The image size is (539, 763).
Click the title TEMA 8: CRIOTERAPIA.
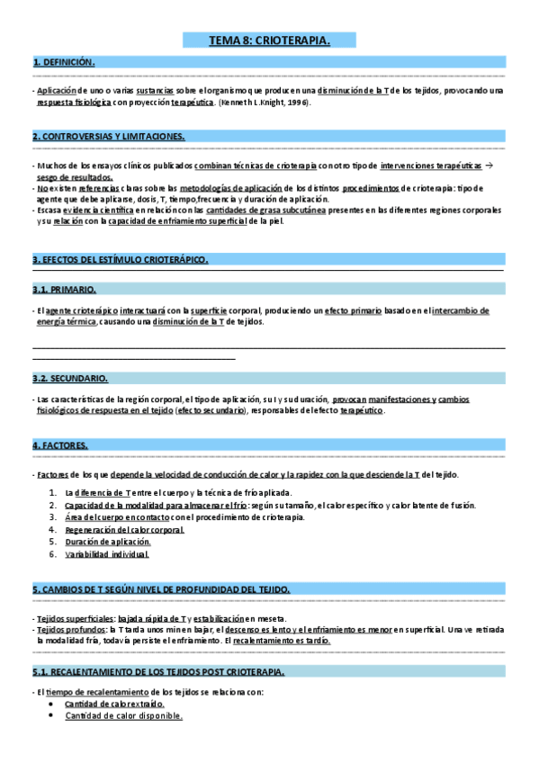coord(269,40)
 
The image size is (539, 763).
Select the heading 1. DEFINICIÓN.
coord(64,62)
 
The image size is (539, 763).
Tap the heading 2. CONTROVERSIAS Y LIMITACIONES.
coord(109,136)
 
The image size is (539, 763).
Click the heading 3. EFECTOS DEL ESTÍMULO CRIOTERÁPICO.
coord(121,259)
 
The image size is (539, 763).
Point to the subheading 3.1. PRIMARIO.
coord(64,290)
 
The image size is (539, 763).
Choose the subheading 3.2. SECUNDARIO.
coord(70,378)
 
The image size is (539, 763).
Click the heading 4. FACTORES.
coord(60,444)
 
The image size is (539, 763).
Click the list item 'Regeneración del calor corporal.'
coord(124,530)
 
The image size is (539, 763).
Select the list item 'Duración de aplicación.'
coord(107,542)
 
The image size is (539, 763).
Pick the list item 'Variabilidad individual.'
coord(106,554)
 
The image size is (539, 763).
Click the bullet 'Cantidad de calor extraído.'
coord(114,703)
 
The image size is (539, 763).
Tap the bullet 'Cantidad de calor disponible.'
coord(123,715)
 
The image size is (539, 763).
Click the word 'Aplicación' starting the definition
coord(56,92)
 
